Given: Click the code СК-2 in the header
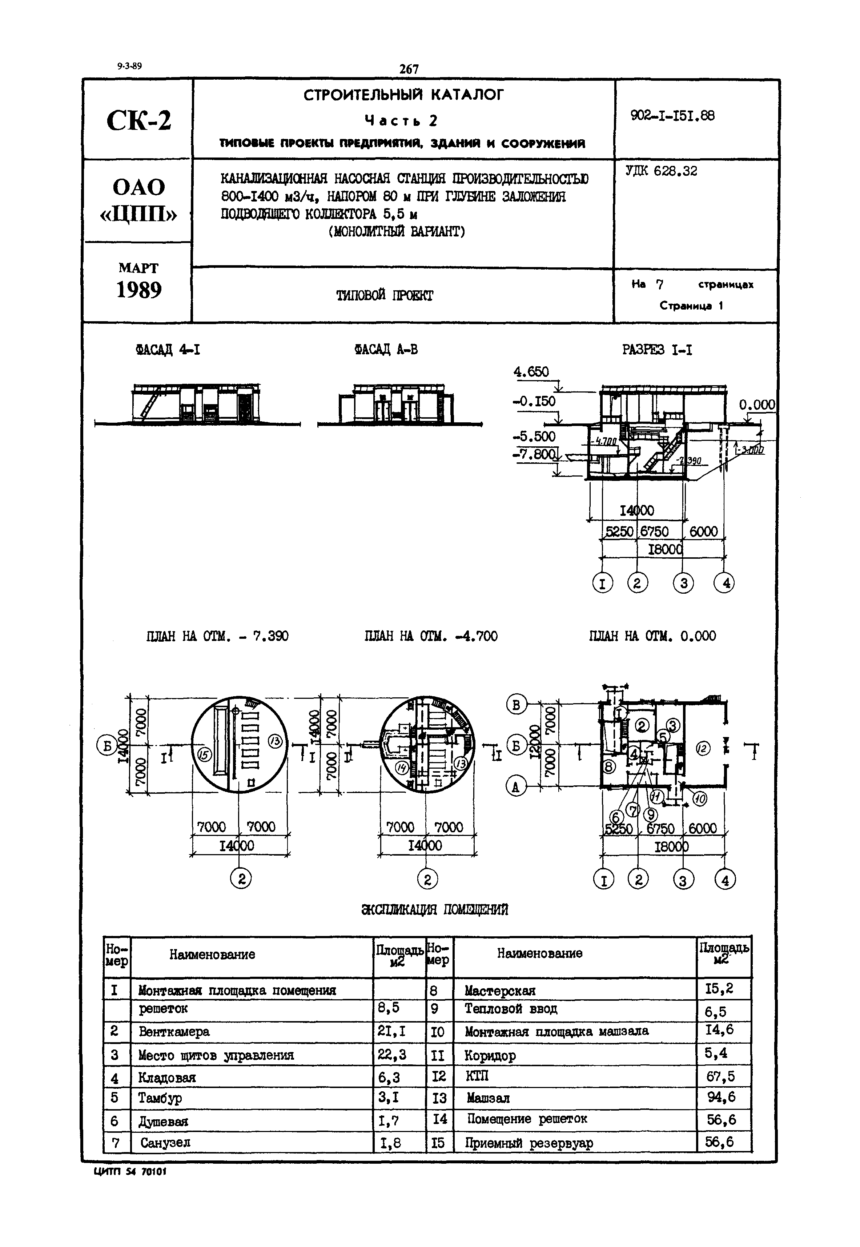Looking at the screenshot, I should point(138,120).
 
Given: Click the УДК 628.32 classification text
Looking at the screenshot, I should point(661,171).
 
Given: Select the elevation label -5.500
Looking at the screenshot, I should point(534,436).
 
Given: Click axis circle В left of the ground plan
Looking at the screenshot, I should point(516,705).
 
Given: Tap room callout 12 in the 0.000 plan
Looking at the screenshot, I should point(703,748).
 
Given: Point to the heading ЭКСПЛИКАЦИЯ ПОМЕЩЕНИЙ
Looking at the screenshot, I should point(434,910).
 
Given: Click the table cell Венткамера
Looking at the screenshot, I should point(174,1032).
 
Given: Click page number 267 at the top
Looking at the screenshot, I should point(409,69).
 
